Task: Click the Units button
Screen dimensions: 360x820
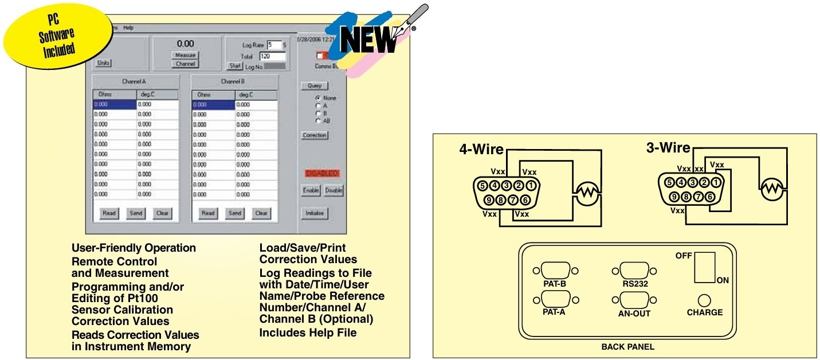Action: pyautogui.click(x=104, y=63)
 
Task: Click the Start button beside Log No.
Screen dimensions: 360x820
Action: pyautogui.click(x=235, y=66)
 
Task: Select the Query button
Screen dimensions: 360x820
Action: pyautogui.click(x=314, y=86)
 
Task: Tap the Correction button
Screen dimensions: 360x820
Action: pyautogui.click(x=314, y=136)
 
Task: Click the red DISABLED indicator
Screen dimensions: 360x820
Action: pyautogui.click(x=322, y=173)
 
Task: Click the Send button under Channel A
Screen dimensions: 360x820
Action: pyautogui.click(x=136, y=213)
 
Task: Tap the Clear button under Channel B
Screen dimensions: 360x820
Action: pyautogui.click(x=261, y=213)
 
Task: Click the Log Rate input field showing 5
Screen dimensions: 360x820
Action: pyautogui.click(x=273, y=45)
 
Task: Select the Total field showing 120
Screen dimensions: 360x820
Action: pyautogui.click(x=272, y=56)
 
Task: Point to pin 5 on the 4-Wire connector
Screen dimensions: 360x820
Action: pyautogui.click(x=482, y=186)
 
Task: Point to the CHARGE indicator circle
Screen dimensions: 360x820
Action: pyautogui.click(x=704, y=300)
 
